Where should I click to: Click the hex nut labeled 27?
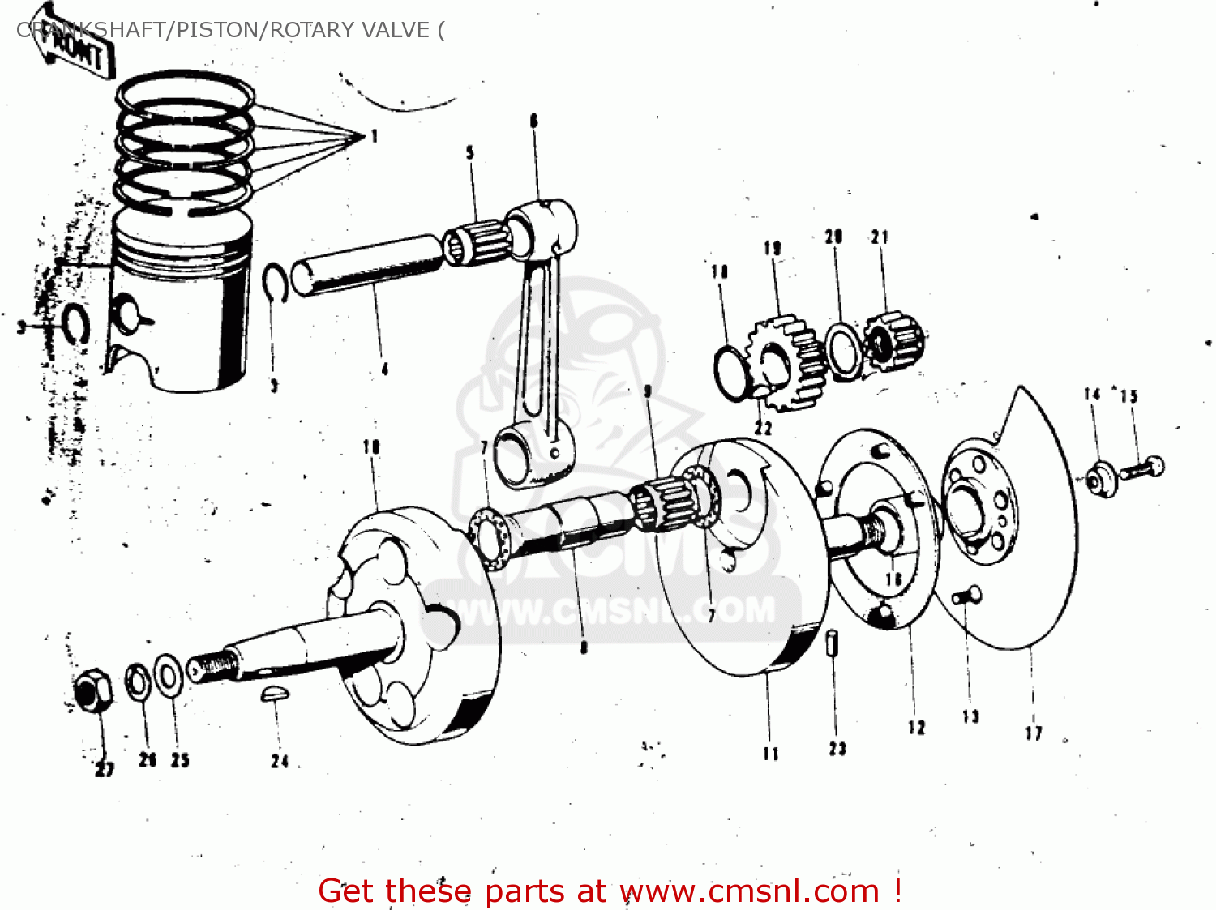point(92,691)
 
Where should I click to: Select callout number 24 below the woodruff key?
point(280,761)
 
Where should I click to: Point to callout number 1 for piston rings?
point(375,136)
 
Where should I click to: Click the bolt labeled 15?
point(1144,468)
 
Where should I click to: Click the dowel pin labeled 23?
point(833,644)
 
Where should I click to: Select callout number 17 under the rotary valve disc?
point(1034,733)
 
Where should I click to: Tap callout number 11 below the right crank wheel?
point(770,753)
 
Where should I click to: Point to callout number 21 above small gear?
point(880,237)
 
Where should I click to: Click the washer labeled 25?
point(169,675)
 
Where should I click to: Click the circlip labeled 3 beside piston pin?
point(276,284)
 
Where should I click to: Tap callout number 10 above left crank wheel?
point(371,446)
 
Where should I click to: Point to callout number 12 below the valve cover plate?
point(916,727)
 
